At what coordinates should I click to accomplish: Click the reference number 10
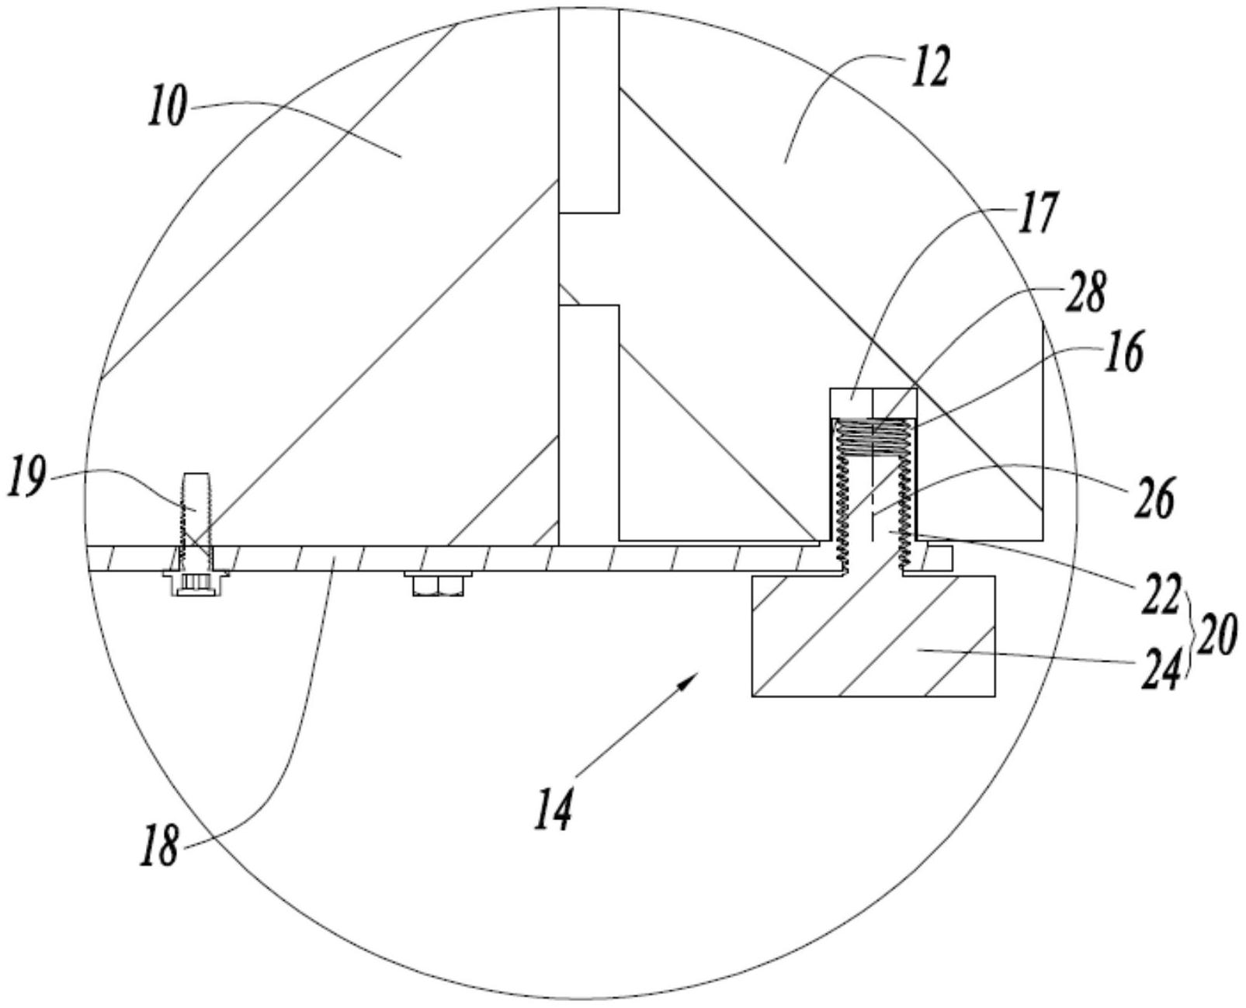click(x=167, y=106)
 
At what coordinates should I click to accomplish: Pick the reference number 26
click(x=1156, y=497)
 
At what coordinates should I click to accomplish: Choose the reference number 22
click(x=1163, y=595)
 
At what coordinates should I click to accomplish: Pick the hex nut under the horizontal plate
click(x=437, y=585)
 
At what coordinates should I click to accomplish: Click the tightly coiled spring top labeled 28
click(x=872, y=434)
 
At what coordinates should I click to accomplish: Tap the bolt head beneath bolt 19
click(x=195, y=583)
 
